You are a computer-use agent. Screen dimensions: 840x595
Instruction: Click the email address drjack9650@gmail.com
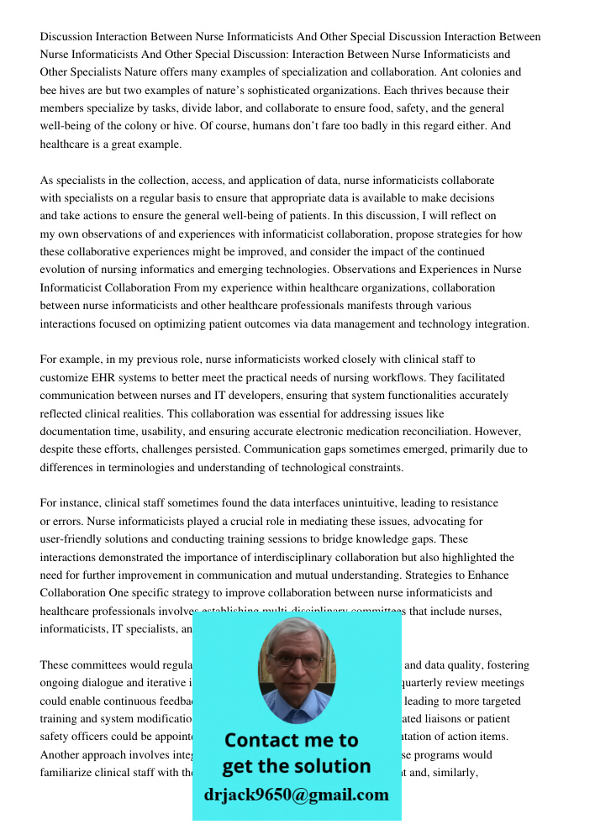[x=297, y=795]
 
